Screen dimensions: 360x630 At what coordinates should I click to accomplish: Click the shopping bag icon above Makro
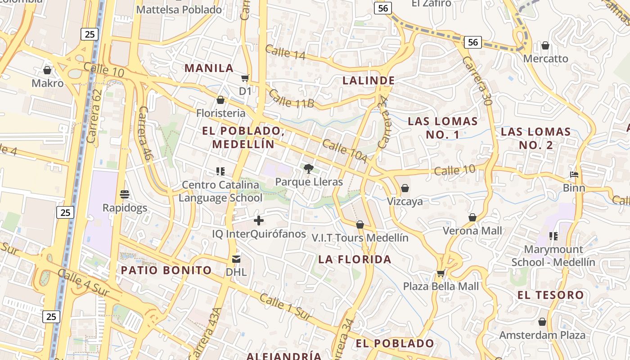(47, 70)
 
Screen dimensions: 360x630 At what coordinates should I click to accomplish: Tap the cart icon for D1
(245, 78)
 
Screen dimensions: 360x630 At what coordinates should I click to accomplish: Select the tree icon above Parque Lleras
(309, 169)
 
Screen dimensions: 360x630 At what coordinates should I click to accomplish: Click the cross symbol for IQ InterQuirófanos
(259, 220)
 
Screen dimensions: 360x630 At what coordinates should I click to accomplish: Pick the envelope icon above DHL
(236, 259)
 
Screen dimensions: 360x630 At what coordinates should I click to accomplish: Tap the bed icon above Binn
(574, 175)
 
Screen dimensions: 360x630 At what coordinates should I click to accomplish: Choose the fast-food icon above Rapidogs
(125, 194)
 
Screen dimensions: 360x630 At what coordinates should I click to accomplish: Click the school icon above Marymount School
(553, 236)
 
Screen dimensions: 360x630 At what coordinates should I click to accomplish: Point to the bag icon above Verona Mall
(472, 218)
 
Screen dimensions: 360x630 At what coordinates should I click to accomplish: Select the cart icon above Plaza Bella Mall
(441, 273)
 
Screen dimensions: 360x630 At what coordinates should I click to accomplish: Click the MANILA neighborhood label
(209, 68)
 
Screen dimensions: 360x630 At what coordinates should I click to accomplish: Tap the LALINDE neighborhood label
(369, 81)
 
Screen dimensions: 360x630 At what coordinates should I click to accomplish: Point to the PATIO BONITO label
(166, 270)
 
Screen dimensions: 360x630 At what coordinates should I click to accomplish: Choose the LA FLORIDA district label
(355, 259)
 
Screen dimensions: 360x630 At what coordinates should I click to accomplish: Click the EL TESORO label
(551, 295)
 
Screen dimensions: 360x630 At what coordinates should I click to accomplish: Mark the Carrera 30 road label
(477, 81)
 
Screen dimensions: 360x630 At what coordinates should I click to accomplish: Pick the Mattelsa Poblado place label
(179, 9)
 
